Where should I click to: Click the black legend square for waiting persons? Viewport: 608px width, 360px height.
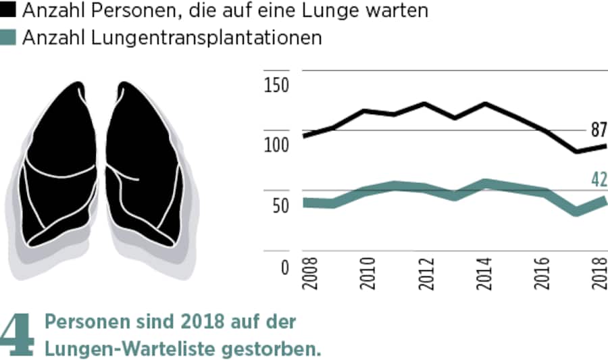coord(10,11)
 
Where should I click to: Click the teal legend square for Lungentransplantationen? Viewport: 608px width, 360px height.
coord(10,38)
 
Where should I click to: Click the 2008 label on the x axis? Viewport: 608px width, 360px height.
coord(310,273)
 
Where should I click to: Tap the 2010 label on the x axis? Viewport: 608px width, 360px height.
coord(368,273)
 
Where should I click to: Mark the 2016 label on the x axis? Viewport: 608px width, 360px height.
coord(541,273)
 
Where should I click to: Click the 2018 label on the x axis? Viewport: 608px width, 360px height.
coord(599,273)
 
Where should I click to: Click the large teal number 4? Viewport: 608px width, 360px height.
coord(18,334)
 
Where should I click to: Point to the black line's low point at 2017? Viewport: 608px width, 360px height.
coord(576,151)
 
